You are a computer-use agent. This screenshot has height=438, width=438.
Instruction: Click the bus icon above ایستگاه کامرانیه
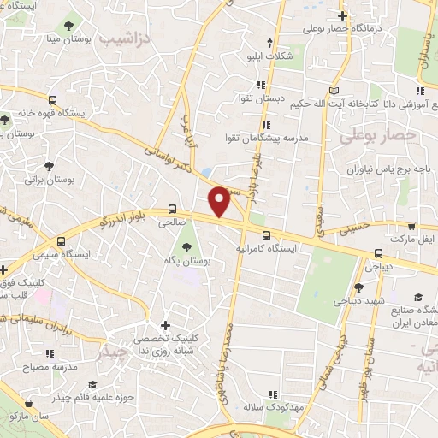pyautogui.click(x=266, y=234)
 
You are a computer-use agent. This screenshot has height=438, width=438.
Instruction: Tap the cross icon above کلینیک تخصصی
pyautogui.click(x=165, y=325)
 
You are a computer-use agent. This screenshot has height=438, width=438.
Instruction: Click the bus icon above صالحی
pyautogui.click(x=173, y=209)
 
